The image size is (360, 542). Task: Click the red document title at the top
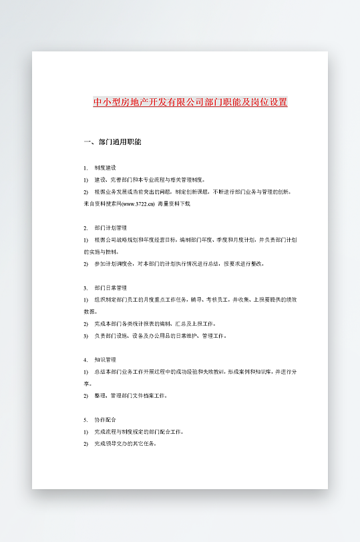190,102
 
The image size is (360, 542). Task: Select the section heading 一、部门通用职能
112,142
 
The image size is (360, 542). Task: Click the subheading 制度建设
106,167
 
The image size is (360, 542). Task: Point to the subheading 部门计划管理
110,228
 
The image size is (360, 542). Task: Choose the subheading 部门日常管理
110,288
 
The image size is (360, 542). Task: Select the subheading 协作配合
106,420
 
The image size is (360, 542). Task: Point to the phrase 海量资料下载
174,203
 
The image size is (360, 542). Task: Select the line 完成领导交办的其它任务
126,444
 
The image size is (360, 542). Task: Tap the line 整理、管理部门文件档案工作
130,396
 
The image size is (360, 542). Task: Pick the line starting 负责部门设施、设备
160,336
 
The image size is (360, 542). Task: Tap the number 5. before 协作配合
85,420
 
